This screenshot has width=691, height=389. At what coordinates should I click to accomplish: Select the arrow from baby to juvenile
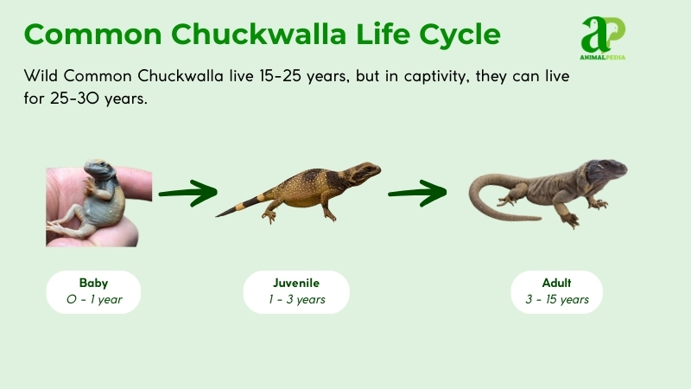(187, 194)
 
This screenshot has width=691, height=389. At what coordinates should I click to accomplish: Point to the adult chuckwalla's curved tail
(488, 188)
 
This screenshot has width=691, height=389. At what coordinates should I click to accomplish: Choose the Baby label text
(93, 283)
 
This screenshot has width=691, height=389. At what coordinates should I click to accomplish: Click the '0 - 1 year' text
(93, 300)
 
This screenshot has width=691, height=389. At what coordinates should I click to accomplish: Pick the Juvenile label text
(296, 283)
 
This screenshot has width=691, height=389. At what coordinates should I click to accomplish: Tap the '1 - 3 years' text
(296, 300)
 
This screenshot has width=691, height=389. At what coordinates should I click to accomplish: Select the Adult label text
(556, 283)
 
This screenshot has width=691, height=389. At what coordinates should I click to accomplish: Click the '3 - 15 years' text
(556, 300)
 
